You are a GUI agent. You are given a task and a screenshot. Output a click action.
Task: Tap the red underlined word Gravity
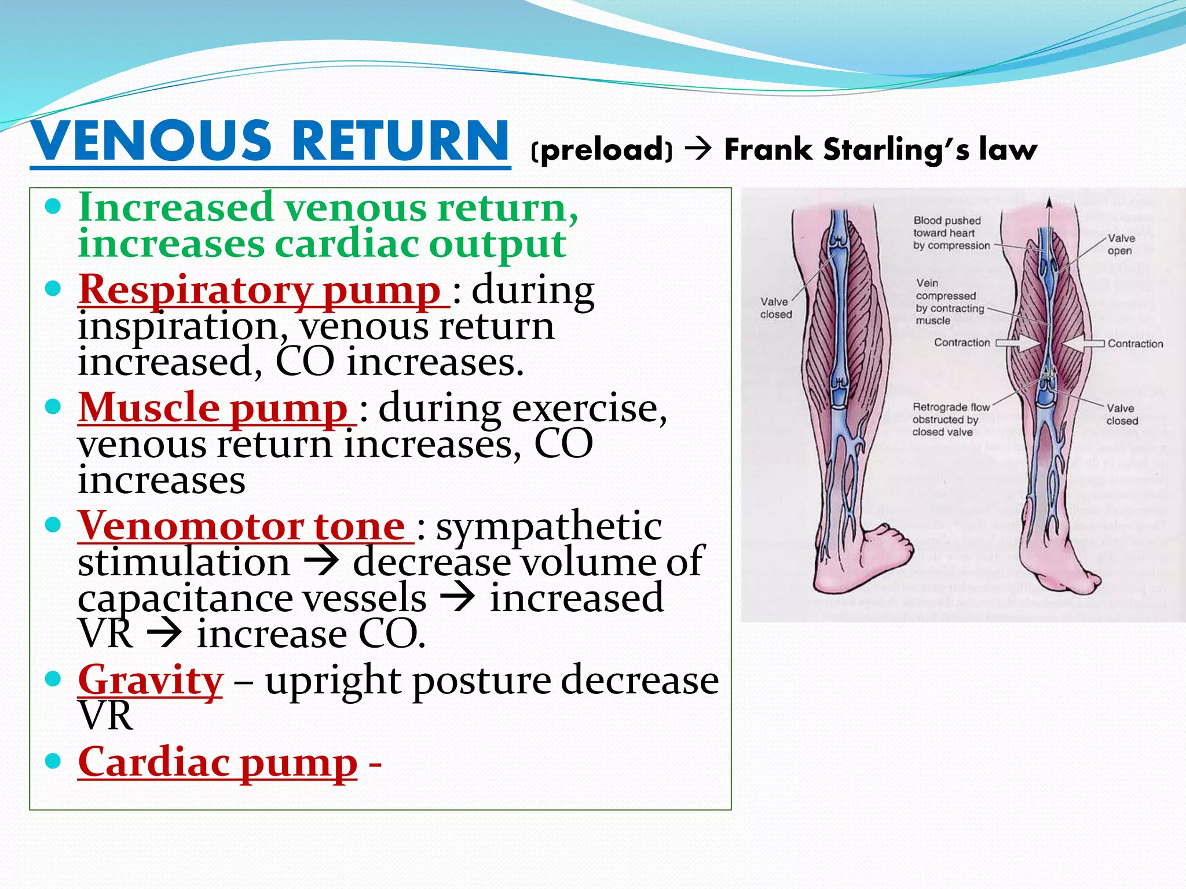click(151, 680)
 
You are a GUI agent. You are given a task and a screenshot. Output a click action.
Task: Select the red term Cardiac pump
click(218, 762)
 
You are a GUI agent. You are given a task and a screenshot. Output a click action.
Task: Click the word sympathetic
click(549, 527)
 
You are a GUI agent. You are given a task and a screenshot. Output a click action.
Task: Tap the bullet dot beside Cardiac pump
click(53, 761)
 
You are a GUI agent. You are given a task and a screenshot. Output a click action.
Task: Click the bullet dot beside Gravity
click(53, 678)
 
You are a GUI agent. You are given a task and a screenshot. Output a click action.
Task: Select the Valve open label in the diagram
click(1121, 244)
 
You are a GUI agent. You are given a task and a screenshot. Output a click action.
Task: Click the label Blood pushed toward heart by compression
click(951, 233)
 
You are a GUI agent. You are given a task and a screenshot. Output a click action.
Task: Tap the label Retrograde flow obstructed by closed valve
click(950, 420)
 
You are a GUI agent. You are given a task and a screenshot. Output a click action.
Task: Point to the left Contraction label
click(962, 343)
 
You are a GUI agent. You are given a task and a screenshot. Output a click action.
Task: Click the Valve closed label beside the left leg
click(776, 308)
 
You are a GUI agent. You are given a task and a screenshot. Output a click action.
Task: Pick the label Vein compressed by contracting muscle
click(949, 302)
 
